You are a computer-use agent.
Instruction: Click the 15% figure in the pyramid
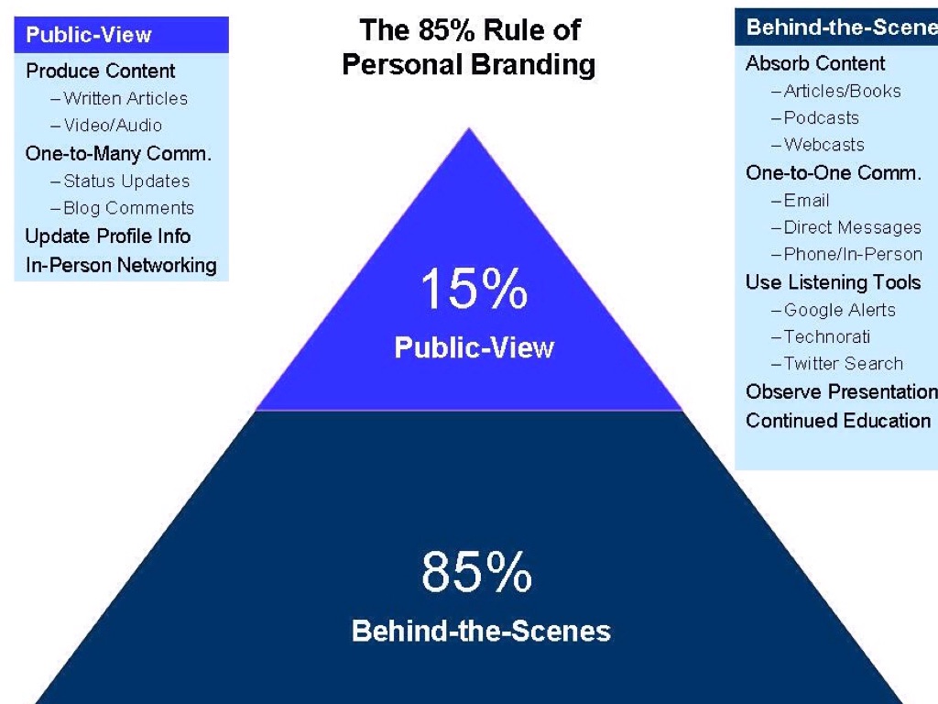[474, 289]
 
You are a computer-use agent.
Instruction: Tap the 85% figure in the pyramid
[476, 572]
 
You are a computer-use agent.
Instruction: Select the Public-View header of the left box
[89, 36]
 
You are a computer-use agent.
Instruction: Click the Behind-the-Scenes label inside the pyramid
[481, 632]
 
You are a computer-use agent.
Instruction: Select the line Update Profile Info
[108, 236]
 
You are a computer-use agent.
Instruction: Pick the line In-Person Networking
[121, 266]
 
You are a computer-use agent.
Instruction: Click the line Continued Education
[838, 421]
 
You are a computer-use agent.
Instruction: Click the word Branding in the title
[539, 65]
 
